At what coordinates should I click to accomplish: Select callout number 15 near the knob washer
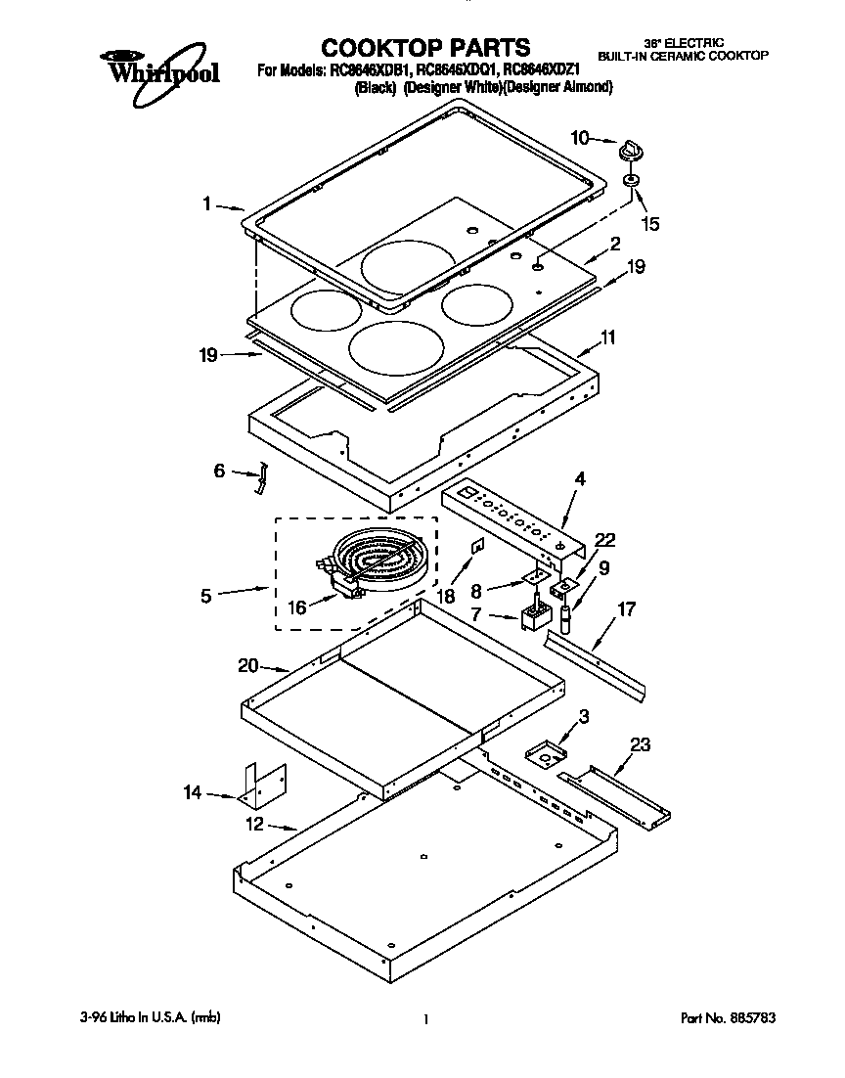[x=650, y=224]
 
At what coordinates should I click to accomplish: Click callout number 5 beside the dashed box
[x=206, y=594]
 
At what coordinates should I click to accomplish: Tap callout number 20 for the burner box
[x=248, y=665]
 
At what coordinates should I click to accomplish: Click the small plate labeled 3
[x=547, y=753]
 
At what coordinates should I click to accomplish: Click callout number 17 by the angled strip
[x=627, y=610]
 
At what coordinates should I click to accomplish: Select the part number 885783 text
[x=728, y=1018]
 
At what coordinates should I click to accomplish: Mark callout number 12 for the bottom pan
[x=254, y=825]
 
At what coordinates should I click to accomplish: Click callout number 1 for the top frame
[x=206, y=203]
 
